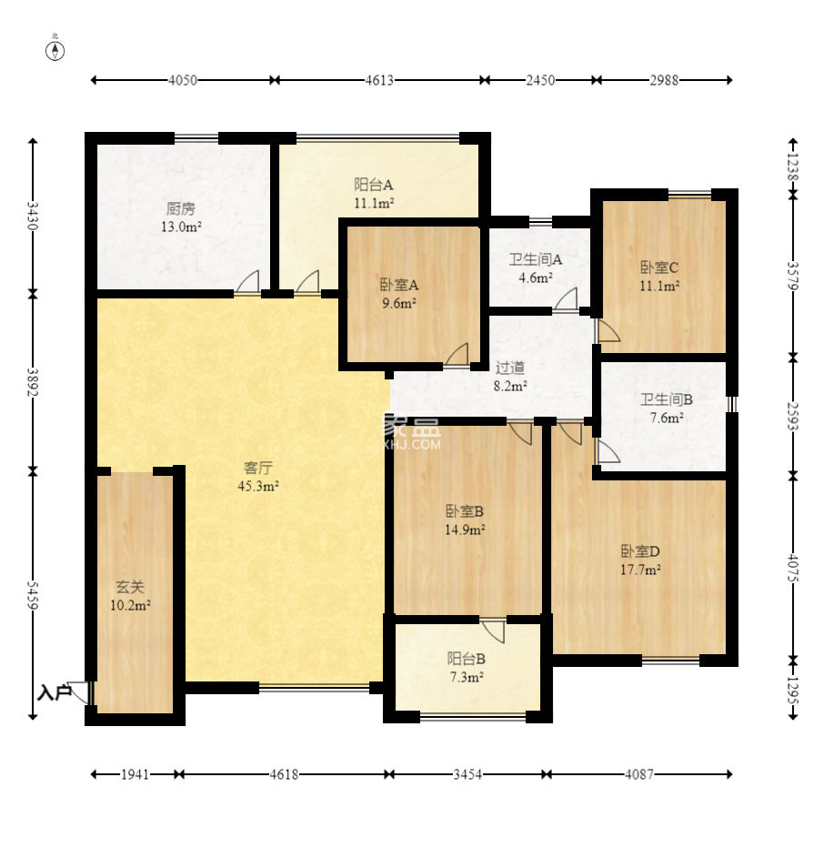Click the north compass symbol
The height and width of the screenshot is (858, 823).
coord(55,50)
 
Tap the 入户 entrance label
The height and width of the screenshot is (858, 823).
coord(55,692)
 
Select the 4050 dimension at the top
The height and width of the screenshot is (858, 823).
coord(183,80)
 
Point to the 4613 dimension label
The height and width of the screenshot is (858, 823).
coord(379,80)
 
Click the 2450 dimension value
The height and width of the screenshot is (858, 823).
coord(540,80)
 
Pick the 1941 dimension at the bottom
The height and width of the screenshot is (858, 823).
coord(135,774)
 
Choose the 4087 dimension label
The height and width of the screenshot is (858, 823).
coord(639,774)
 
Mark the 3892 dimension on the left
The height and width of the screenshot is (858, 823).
coord(33,382)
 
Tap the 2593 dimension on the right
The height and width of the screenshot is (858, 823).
coord(793,416)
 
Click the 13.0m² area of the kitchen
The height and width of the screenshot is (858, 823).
coord(182,226)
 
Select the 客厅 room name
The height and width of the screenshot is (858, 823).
coord(258,468)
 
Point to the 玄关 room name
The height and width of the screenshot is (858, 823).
coord(130,587)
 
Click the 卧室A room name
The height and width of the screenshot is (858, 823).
coord(399,285)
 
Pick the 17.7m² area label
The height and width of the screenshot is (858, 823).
coord(640,570)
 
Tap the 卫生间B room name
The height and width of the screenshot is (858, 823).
coord(667,399)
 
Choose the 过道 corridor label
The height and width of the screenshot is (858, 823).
coord(510,368)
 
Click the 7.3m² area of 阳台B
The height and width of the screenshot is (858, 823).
coord(467,677)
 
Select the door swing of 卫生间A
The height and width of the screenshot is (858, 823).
coord(566,299)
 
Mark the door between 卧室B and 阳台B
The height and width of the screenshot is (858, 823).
coord(493,631)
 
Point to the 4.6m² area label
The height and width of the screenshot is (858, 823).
coord(536,277)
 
